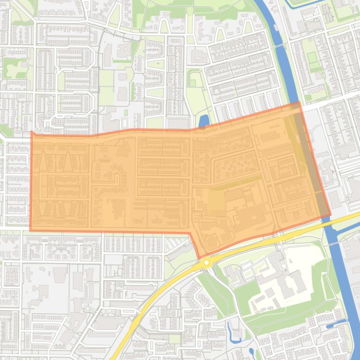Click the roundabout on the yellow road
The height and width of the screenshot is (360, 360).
point(206,264)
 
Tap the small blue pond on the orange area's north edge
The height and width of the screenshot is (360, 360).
point(204,121)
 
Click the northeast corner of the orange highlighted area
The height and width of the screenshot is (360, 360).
point(298,102)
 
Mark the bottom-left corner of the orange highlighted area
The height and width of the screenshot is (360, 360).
point(30,230)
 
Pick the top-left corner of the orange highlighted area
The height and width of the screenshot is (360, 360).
point(31,132)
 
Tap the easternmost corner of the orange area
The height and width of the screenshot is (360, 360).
point(331,215)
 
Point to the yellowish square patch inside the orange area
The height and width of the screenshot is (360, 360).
point(216,201)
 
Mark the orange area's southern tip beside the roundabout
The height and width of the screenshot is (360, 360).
point(199,257)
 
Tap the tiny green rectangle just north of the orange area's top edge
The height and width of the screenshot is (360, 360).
point(126,113)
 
